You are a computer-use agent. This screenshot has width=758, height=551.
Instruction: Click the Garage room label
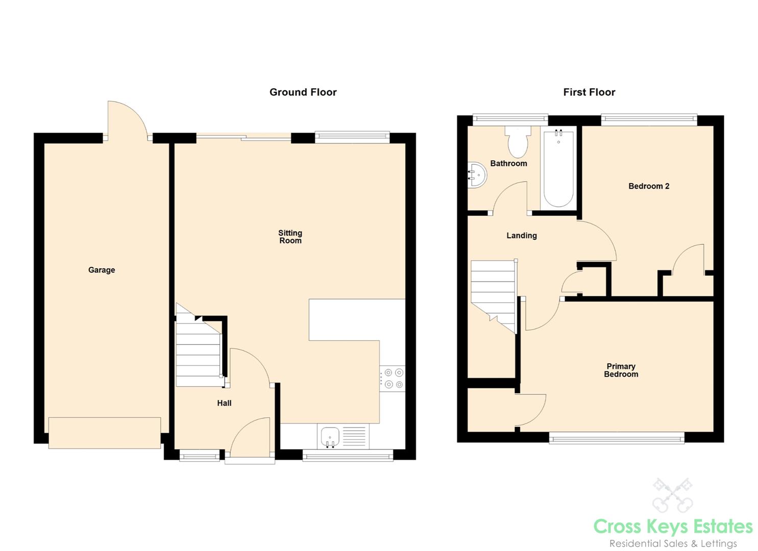[x=102, y=270]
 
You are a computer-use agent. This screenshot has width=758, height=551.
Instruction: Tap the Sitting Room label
[x=290, y=237]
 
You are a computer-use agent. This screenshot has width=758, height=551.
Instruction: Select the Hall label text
[x=224, y=403]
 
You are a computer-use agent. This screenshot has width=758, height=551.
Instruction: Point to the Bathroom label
[x=508, y=163]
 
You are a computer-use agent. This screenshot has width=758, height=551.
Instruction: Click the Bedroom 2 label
[x=649, y=186]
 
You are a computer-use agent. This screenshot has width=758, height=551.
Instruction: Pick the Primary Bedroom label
[x=621, y=370]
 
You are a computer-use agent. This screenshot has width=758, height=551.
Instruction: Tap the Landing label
[x=522, y=235]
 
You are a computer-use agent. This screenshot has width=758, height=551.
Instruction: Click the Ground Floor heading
[x=303, y=92]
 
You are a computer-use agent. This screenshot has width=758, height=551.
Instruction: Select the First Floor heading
[x=589, y=92]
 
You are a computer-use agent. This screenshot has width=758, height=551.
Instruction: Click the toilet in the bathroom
[x=518, y=142]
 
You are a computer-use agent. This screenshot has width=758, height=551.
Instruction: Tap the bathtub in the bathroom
[x=558, y=168]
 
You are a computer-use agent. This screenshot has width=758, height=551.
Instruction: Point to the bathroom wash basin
[x=477, y=174]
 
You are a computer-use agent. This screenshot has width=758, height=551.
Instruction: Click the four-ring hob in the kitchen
[x=393, y=379]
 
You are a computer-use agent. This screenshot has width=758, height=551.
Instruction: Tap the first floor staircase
[x=494, y=296]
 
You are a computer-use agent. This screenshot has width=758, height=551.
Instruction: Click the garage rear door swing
[x=127, y=120]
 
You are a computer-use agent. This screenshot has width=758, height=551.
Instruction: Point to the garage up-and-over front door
[x=105, y=433]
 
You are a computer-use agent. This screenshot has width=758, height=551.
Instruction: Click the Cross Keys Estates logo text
[x=673, y=527]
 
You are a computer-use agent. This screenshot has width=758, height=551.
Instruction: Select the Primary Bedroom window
[x=616, y=439]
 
